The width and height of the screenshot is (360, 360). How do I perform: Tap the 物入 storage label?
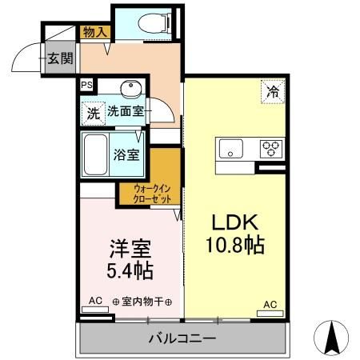click(96, 31)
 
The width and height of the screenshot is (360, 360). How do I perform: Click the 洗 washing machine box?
click(93, 114)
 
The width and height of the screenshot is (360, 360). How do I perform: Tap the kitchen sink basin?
click(232, 148)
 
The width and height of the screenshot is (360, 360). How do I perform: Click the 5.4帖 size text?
click(130, 269)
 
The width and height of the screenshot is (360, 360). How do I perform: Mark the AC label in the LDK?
click(270, 304)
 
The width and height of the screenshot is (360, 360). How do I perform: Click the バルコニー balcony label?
click(182, 338)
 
